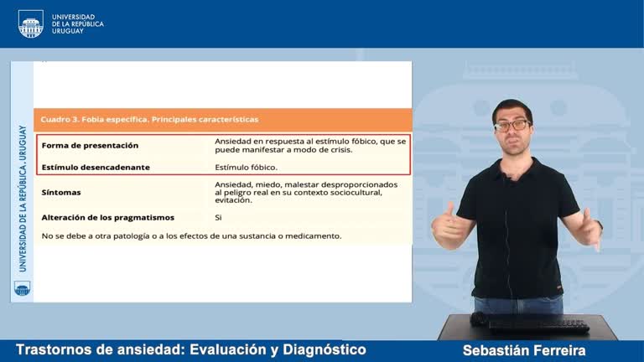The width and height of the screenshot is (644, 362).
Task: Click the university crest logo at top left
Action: (30, 23)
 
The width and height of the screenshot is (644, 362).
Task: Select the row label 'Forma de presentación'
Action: (90, 145)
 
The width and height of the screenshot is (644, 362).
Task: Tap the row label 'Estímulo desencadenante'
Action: (96, 167)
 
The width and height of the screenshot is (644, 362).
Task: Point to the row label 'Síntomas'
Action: (61, 192)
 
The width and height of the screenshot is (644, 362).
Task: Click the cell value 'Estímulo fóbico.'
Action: (246, 167)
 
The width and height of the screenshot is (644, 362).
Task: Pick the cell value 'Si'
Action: (219, 217)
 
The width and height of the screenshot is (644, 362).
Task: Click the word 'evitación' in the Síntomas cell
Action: (233, 200)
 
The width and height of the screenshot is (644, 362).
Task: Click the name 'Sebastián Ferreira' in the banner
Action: (523, 350)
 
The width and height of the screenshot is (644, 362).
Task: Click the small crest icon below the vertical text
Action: (22, 288)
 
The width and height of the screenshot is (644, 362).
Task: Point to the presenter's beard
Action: (512, 143)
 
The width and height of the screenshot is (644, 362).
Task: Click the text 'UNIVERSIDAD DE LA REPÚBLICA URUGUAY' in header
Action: (77, 23)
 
